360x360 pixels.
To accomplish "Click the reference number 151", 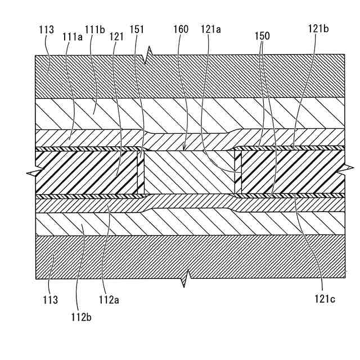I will tap(137, 28).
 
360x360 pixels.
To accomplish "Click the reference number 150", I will tap(262, 35).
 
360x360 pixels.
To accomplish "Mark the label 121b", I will tap(318, 28).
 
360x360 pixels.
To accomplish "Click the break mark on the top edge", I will tap(148, 55).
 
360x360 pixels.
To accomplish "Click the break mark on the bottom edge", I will tap(184, 280).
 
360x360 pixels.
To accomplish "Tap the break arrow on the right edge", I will tap(348, 168).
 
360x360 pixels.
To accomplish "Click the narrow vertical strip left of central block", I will tap(141, 173).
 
